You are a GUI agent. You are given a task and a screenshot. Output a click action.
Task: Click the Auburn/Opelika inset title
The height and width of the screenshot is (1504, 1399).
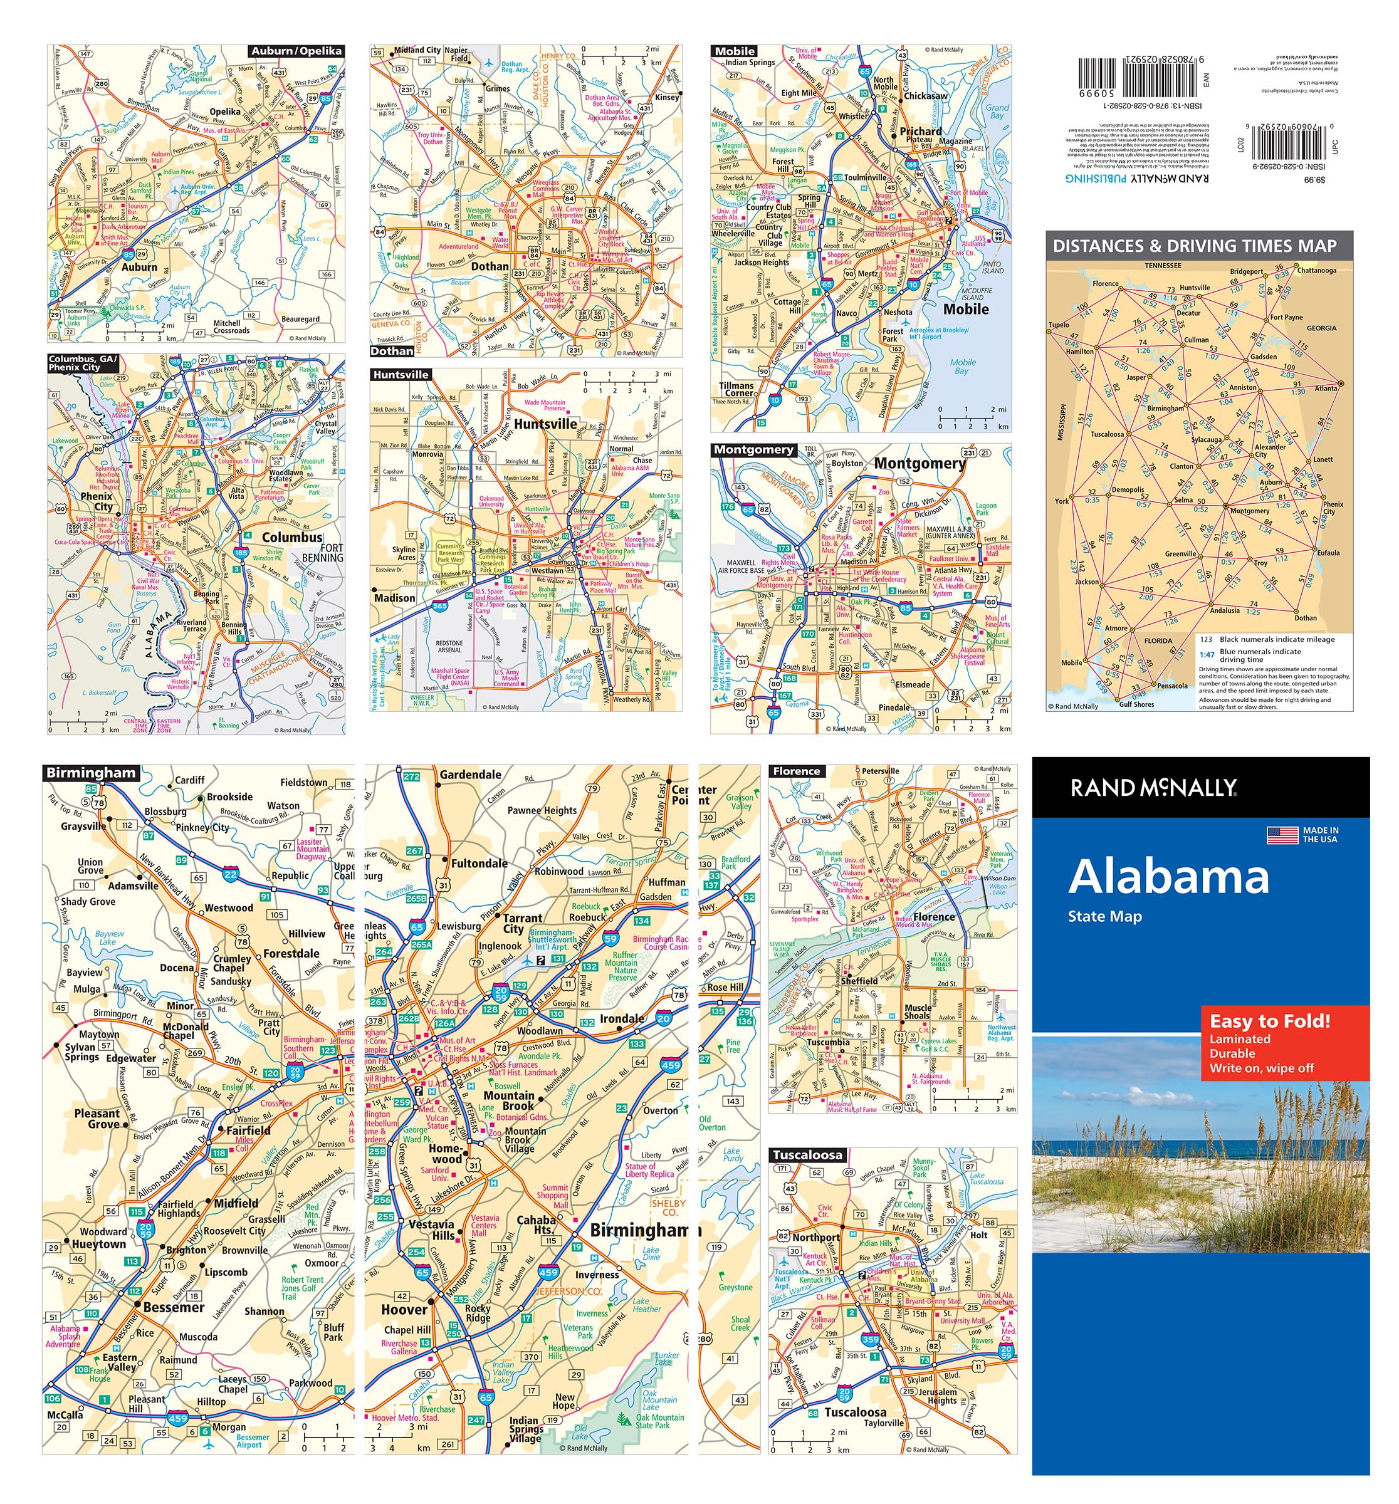[x=296, y=51]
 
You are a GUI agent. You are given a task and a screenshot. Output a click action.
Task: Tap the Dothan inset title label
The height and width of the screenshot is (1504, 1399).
[x=392, y=351]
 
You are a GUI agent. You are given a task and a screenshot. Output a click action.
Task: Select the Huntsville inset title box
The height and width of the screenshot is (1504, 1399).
[x=401, y=375]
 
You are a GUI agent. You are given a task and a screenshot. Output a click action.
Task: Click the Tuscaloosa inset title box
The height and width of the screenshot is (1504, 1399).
[x=807, y=1155]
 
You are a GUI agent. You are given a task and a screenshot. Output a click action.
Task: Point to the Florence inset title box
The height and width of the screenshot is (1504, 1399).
[x=796, y=771]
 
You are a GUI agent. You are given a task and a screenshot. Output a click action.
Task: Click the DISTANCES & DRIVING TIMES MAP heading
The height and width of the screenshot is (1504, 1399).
[x=1194, y=246]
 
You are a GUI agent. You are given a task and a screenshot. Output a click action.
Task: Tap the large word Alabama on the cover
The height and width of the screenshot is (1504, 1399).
[x=1168, y=877]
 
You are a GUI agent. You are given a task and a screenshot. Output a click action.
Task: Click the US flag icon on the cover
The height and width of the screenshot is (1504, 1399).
[x=1282, y=835]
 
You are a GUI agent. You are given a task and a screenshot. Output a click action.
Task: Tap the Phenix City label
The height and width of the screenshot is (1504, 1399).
[x=97, y=501]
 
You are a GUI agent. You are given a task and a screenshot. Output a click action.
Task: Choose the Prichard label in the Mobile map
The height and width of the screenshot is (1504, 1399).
[x=920, y=131]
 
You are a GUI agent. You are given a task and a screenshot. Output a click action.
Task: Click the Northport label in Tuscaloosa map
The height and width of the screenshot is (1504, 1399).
[x=815, y=1238]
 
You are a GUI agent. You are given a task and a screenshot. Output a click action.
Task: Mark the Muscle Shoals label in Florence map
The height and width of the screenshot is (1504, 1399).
[x=918, y=1011]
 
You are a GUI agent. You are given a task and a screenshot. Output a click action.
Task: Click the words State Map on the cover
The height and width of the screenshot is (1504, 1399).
[x=1104, y=917]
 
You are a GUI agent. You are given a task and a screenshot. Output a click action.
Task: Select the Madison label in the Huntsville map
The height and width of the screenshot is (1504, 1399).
[x=394, y=598]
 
